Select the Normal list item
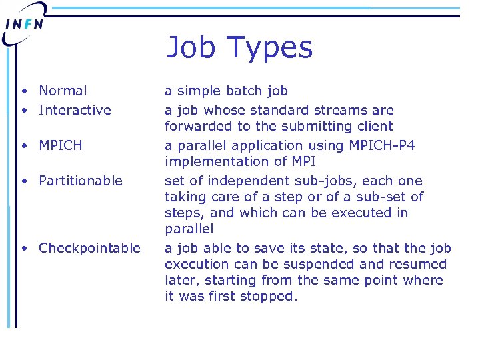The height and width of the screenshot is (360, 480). click(63, 91)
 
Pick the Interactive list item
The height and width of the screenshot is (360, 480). click(75, 110)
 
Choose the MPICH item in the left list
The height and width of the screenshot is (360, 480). click(61, 145)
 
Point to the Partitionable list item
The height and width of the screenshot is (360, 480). click(81, 181)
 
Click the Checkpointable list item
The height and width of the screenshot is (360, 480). click(89, 249)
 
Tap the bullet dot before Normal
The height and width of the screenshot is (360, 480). click(24, 91)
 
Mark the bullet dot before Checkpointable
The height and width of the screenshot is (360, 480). click(24, 249)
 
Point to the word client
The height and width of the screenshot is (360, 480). click(373, 126)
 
